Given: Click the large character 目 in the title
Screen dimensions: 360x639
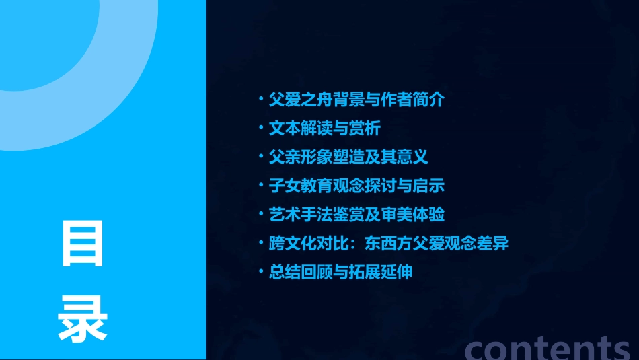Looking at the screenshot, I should point(83,243).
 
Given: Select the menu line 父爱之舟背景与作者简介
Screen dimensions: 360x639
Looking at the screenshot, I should point(356,100).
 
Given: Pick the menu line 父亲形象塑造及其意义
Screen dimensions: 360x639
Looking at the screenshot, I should point(348,157).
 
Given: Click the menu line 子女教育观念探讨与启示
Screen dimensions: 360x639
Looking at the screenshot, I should point(356,186).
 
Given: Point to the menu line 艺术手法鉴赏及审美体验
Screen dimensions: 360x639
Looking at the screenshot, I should point(356,215).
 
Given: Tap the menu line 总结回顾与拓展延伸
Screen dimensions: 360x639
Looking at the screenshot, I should point(340,272).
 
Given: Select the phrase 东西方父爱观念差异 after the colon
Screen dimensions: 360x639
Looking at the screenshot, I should point(437,244).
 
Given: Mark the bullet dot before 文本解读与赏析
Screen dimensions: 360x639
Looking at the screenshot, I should point(261,128).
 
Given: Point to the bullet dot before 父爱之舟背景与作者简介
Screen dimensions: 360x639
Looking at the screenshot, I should point(261,100).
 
